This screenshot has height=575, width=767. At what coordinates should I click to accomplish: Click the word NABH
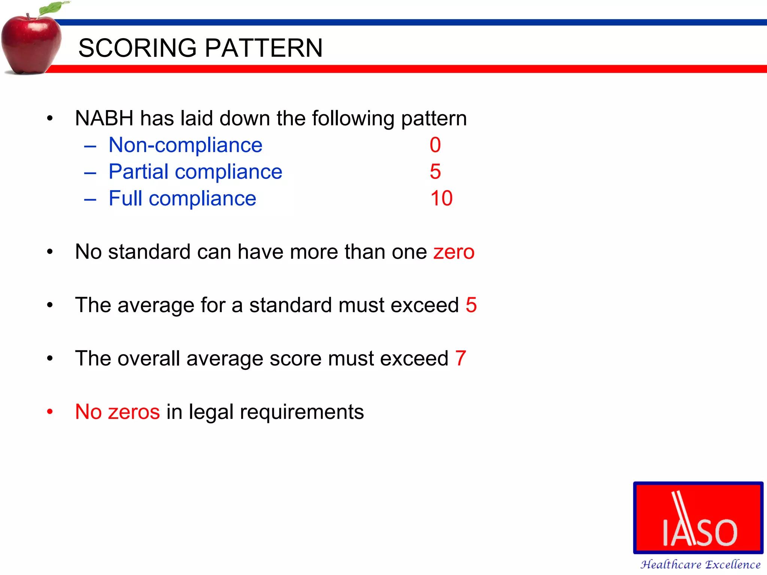coord(104,118)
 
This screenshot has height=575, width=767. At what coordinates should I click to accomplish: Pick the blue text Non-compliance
coord(185,145)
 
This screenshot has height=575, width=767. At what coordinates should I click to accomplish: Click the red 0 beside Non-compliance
coord(435,145)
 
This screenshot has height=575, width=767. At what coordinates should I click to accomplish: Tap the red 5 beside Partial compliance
coord(435,171)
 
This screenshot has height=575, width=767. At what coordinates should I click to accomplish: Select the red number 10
coord(441,198)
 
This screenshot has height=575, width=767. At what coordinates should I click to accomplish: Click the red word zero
coord(454,252)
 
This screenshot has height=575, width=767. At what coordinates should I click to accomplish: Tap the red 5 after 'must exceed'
coord(471,305)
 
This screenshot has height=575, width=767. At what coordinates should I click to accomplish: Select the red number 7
coord(461,358)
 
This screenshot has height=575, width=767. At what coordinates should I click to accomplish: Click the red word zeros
coord(134,412)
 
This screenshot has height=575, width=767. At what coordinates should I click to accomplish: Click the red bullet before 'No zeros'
coord(50,412)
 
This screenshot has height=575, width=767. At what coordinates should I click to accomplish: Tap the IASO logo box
coord(698,518)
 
